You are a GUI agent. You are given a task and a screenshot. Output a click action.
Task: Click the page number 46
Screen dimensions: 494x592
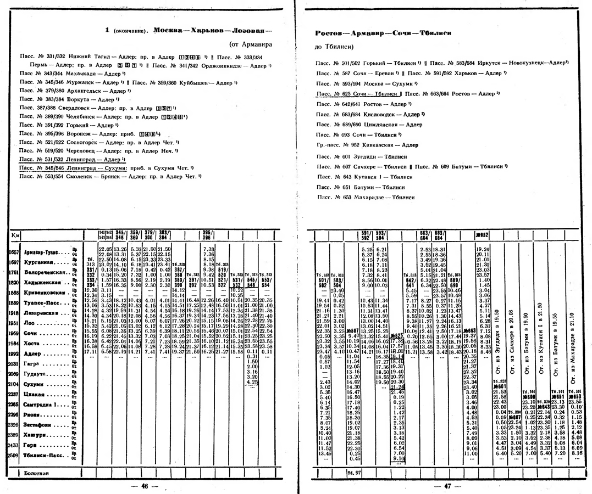tap(145, 485)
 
